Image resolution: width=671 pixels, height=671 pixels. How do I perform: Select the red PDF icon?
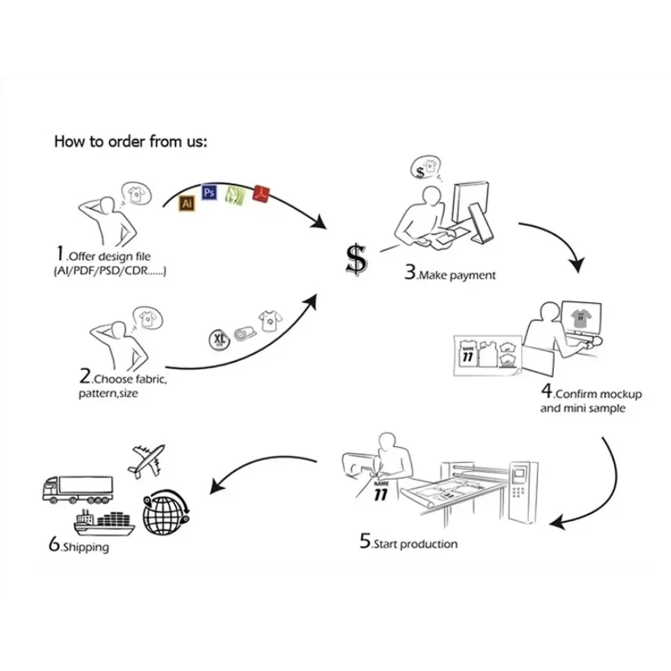(262, 195)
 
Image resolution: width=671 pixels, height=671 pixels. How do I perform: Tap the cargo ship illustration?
(104, 523)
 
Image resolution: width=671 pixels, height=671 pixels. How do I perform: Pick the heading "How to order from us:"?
(130, 142)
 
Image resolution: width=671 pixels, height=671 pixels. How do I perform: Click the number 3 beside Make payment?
(410, 272)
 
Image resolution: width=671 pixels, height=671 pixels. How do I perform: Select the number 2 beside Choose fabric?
(85, 376)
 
